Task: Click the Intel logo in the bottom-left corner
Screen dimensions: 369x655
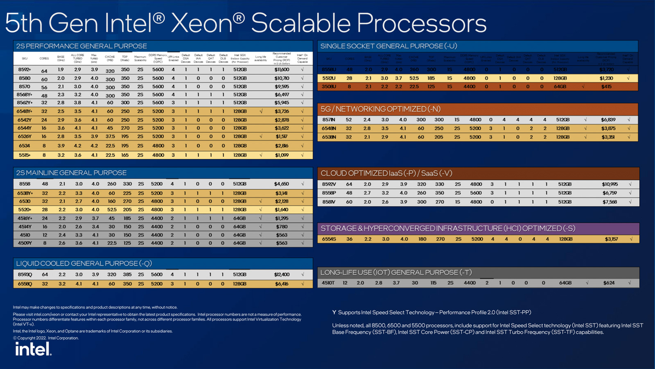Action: (33, 349)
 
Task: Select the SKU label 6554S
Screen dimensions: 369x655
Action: (329, 238)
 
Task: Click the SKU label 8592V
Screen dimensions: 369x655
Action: (329, 185)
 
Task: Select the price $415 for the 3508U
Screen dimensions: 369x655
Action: (607, 86)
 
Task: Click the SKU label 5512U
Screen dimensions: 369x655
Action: (329, 78)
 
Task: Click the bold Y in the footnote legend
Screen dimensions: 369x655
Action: (334, 312)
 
